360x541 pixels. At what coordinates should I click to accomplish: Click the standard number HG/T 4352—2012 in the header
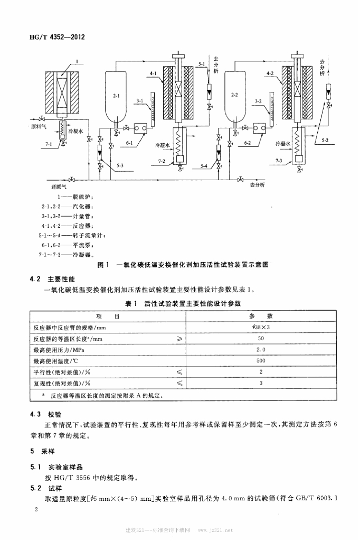tap(60, 38)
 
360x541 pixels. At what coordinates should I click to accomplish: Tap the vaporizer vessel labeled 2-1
tap(116, 97)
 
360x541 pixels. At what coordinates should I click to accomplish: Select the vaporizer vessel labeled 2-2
tap(235, 96)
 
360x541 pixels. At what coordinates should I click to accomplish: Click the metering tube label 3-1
tap(140, 100)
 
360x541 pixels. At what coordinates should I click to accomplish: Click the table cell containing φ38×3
tap(261, 328)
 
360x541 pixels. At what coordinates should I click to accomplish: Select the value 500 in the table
tap(261, 361)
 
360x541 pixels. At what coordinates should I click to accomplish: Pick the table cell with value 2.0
tap(261, 350)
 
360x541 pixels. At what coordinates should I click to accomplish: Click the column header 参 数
tap(261, 316)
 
